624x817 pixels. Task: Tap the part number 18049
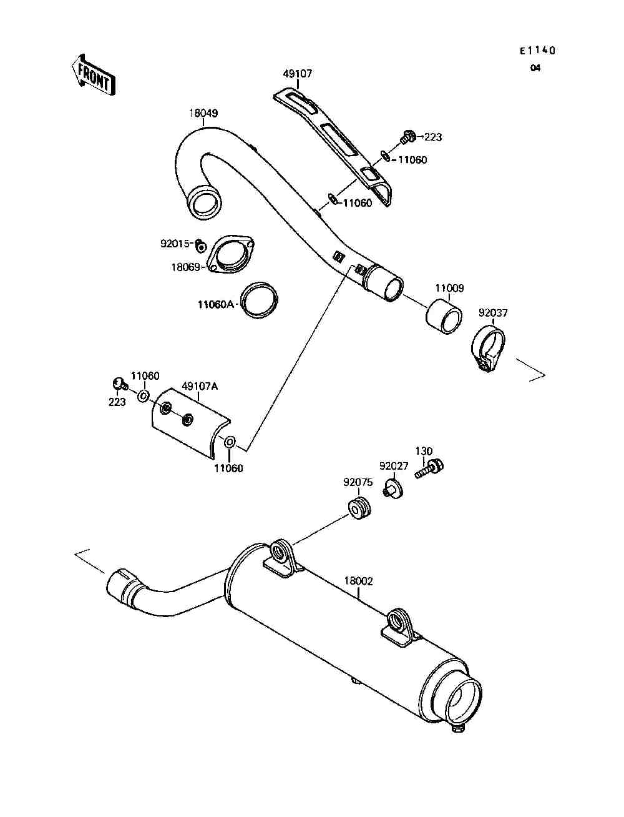(203, 114)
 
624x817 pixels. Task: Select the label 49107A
(200, 387)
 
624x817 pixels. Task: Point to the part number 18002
(358, 581)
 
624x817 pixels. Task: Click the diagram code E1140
(537, 51)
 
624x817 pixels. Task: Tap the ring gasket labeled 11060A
(260, 300)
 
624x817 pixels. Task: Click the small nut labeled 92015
(200, 245)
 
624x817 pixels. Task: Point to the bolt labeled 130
(431, 468)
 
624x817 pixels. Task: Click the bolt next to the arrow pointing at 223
(409, 135)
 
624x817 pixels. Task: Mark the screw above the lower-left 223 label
(119, 384)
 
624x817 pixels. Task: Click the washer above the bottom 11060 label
(229, 442)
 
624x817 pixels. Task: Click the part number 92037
(492, 312)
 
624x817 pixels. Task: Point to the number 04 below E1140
(535, 69)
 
